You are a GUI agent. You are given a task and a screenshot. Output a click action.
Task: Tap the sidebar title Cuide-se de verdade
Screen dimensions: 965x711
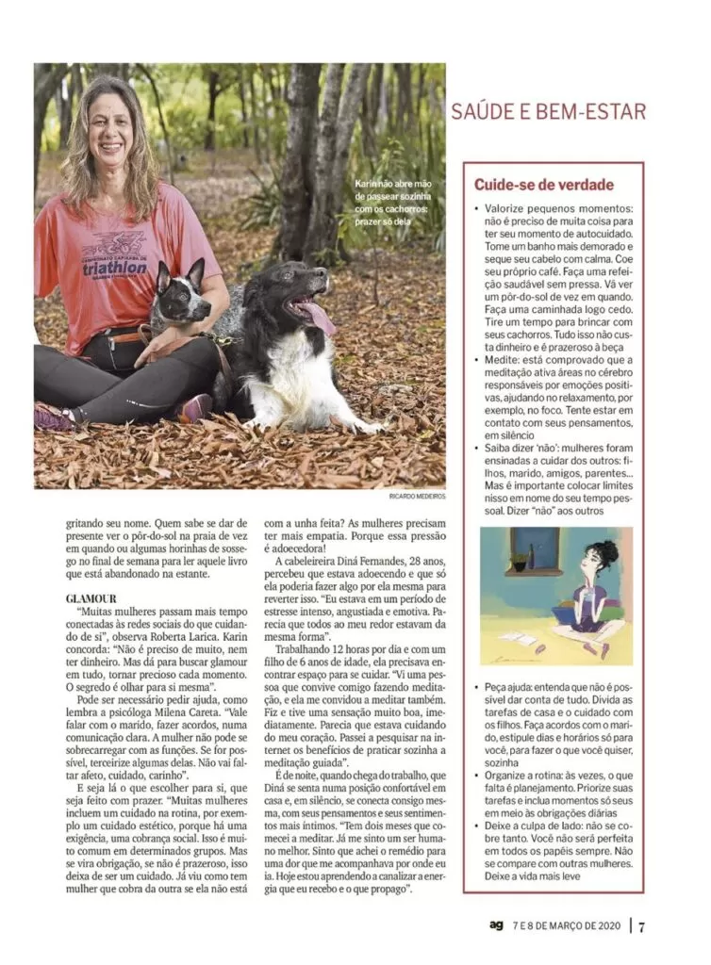click(x=543, y=185)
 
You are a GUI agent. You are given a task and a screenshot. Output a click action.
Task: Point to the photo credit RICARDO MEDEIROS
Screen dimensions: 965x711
click(x=417, y=496)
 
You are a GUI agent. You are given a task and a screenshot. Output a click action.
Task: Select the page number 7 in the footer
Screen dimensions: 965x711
click(x=642, y=925)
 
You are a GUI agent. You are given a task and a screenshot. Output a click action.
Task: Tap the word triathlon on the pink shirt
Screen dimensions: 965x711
click(x=114, y=268)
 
